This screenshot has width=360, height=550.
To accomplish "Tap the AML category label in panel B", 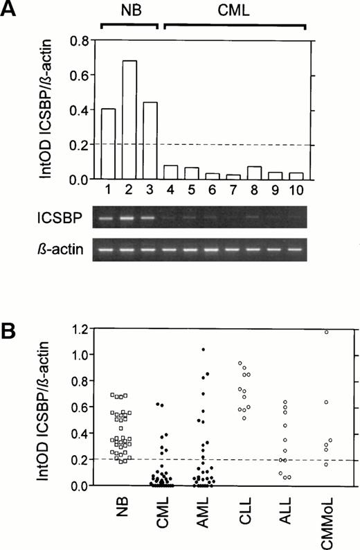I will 204,516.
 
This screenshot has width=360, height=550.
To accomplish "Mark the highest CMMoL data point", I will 325,332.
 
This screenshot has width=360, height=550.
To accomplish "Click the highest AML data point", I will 203,350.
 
